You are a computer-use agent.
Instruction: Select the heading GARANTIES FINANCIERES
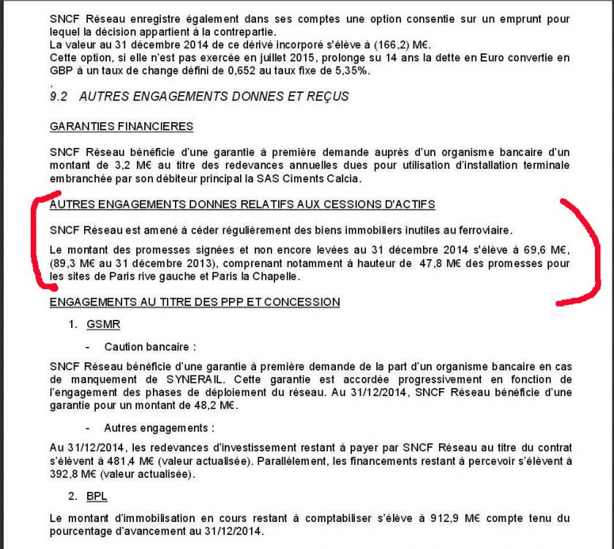pyautogui.click(x=121, y=127)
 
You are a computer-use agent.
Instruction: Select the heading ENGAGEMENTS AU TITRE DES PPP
pyautogui.click(x=194, y=302)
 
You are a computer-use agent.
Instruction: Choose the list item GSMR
pyautogui.click(x=100, y=324)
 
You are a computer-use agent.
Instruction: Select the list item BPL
pyautogui.click(x=97, y=496)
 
